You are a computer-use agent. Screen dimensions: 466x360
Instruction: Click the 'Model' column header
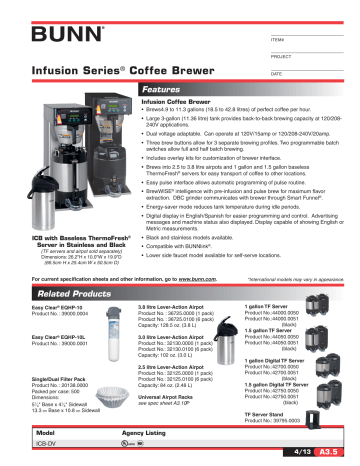44,434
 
